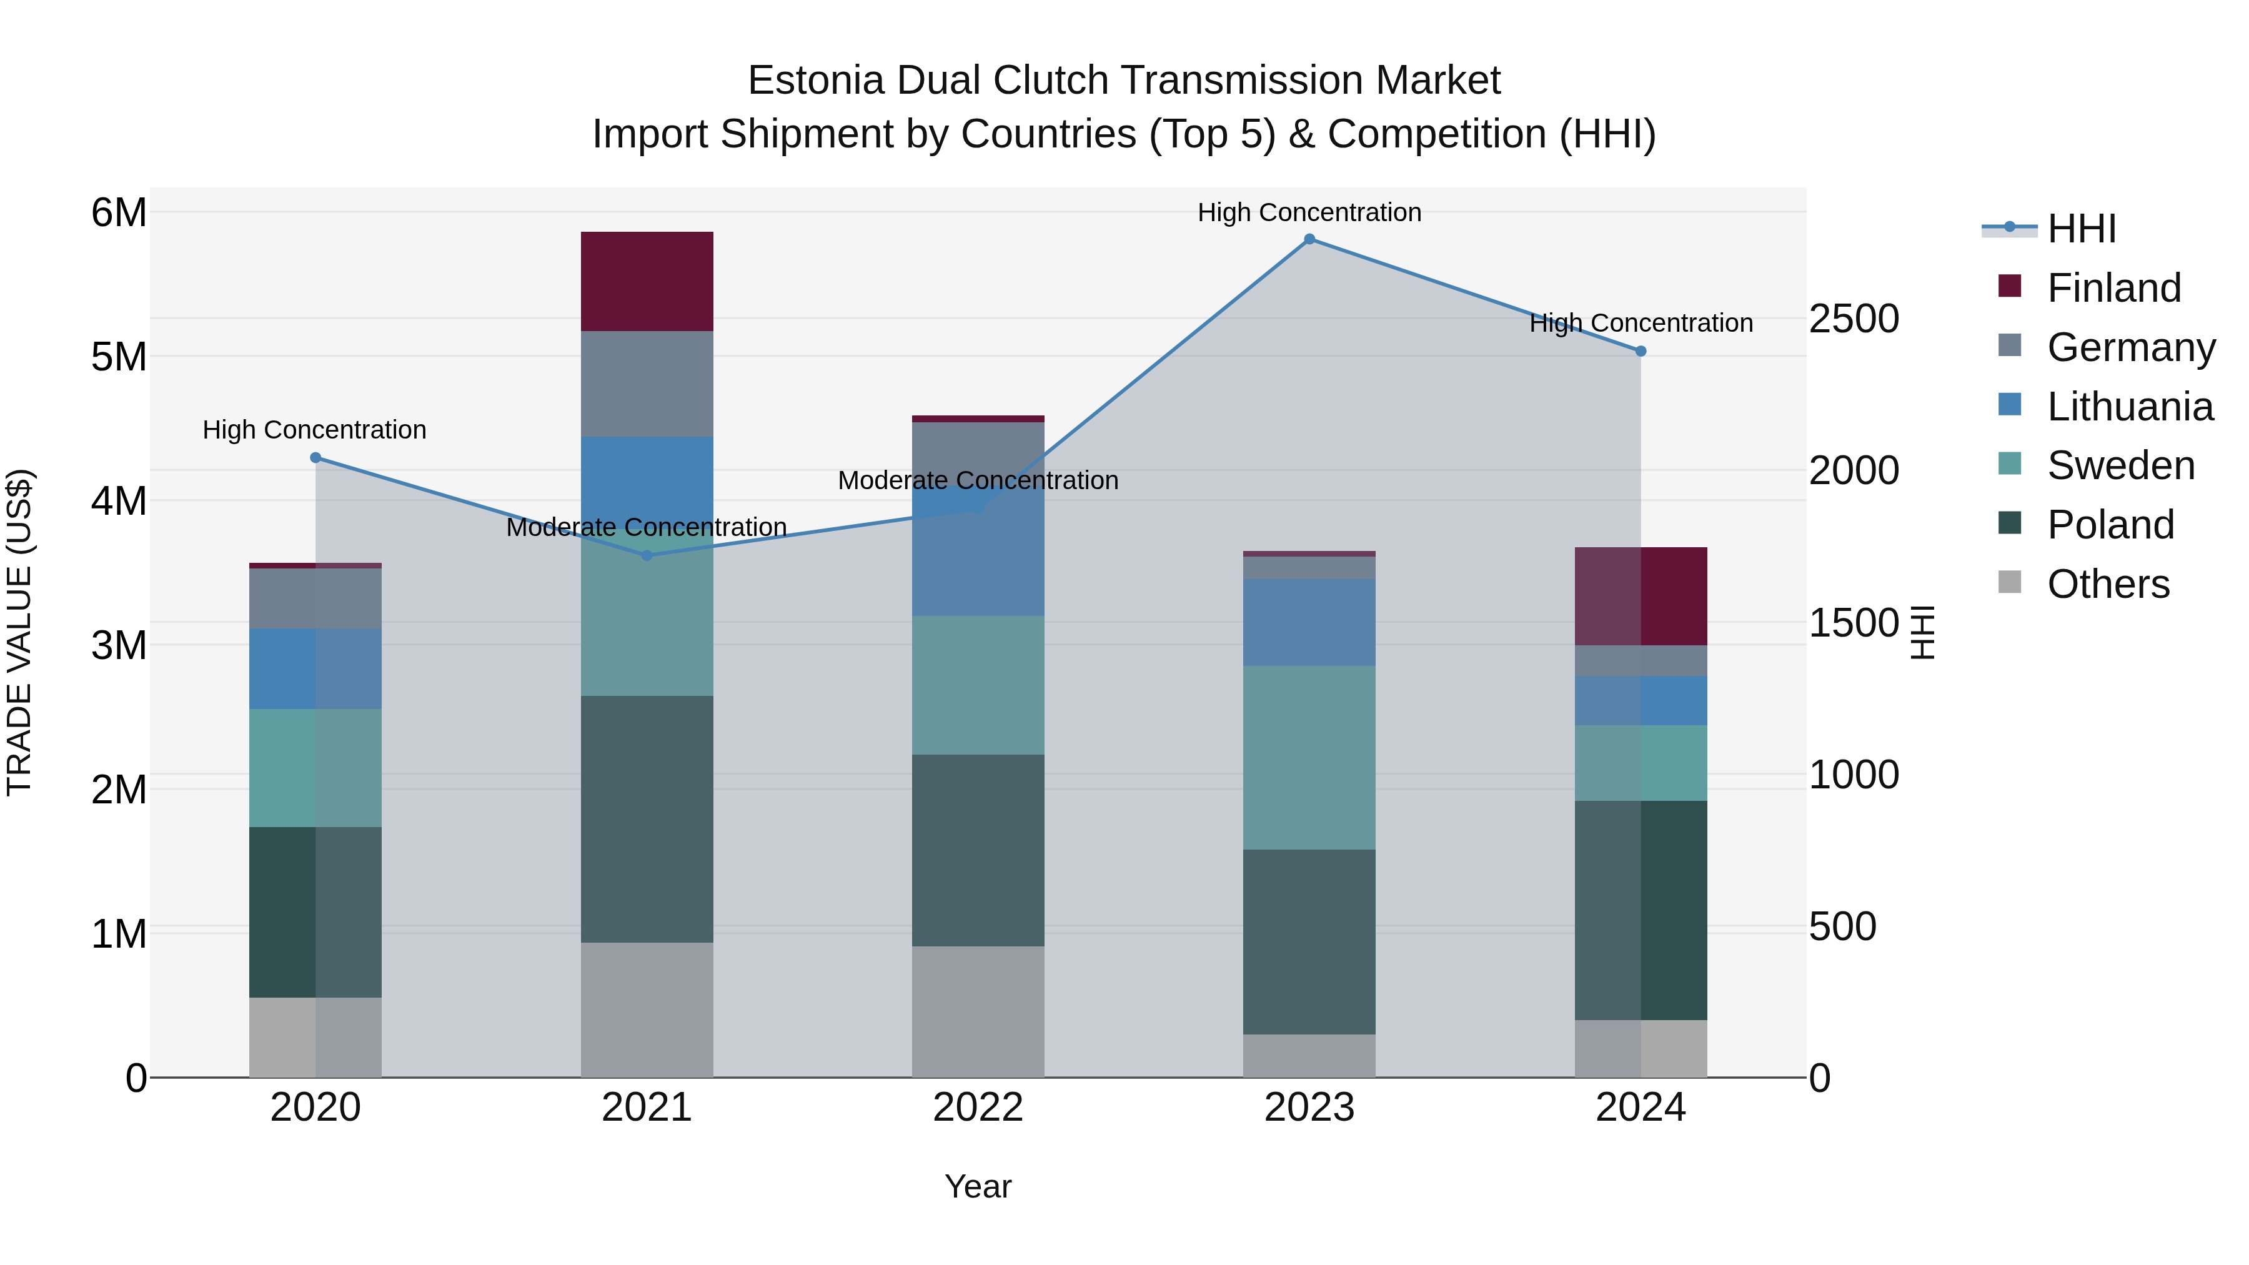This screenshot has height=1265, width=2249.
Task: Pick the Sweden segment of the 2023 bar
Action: click(1309, 757)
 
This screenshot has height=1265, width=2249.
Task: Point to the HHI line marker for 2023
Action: click(1309, 239)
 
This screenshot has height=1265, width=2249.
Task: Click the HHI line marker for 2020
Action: click(315, 457)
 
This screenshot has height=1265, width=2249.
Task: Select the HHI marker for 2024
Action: click(1641, 351)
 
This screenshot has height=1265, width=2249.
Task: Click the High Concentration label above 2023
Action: click(1309, 212)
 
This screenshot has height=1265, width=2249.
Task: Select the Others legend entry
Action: click(2108, 584)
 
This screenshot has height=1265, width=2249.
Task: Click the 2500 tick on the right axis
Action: click(1853, 319)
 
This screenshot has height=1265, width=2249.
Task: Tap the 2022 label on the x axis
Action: click(978, 1108)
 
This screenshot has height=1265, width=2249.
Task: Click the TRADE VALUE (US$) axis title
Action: click(19, 632)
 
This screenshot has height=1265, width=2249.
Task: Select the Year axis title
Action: click(978, 1186)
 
